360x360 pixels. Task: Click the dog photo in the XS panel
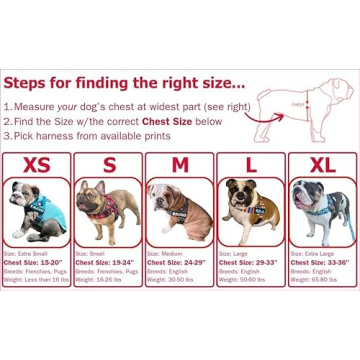click(x=37, y=212)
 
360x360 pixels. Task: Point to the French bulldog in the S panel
click(x=109, y=212)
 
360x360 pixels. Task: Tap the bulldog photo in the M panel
click(x=180, y=212)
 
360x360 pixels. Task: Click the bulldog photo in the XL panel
click(x=321, y=212)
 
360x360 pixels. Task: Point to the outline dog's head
click(x=340, y=91)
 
